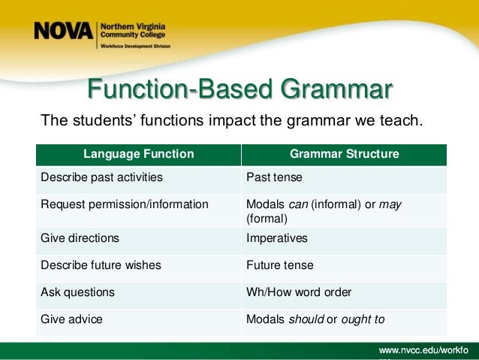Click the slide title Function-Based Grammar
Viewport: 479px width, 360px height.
click(239, 89)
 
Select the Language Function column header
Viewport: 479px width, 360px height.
click(138, 154)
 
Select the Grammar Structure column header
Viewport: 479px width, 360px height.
click(344, 154)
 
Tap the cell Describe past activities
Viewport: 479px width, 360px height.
click(101, 178)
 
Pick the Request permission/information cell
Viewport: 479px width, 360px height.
click(125, 204)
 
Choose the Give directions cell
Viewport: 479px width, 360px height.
click(80, 238)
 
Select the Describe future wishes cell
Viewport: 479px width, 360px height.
click(101, 265)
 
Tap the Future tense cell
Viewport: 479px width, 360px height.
click(279, 265)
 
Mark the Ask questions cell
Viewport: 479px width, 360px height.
click(77, 292)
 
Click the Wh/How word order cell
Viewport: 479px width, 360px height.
click(298, 292)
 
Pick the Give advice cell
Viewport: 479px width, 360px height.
click(71, 319)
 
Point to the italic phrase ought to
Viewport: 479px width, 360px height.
click(363, 319)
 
